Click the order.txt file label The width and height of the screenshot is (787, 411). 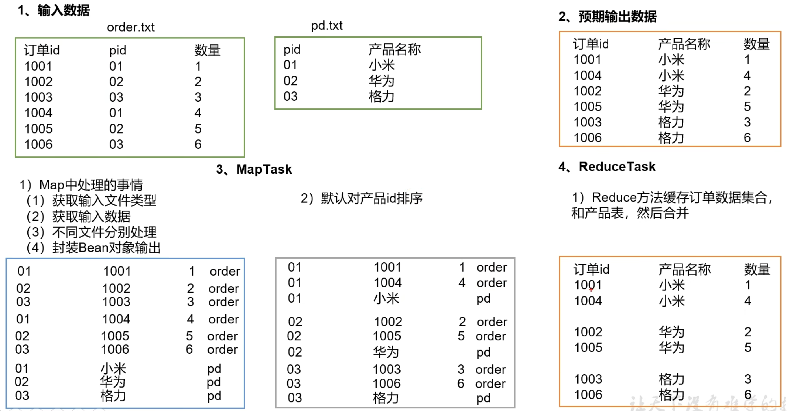click(131, 27)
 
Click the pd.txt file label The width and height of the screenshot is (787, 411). click(327, 26)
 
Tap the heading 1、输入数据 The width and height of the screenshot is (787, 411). click(54, 10)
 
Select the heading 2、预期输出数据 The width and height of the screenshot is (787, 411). click(607, 16)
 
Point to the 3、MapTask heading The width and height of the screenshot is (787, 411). click(254, 169)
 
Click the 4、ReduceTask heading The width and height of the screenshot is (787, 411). click(607, 167)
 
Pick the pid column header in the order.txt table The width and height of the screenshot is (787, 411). click(118, 50)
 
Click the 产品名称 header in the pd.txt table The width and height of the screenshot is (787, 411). click(394, 49)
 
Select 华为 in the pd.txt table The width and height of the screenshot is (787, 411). click(382, 81)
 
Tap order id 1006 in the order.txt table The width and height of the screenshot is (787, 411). click(38, 145)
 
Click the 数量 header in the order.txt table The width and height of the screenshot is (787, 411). click(207, 50)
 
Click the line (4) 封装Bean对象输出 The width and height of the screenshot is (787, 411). click(93, 248)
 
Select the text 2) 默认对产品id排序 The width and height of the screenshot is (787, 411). click(361, 198)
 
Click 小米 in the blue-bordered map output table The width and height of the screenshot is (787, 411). click(113, 369)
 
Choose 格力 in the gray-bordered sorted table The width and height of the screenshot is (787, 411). click(386, 398)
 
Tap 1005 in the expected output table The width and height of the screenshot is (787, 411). click(588, 107)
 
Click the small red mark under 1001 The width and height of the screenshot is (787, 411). click(591, 289)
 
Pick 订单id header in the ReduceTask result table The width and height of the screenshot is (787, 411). click(591, 269)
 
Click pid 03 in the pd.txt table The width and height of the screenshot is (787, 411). click(290, 97)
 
